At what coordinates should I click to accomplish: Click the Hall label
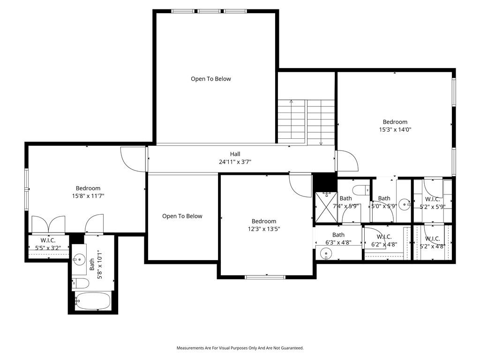point(235,154)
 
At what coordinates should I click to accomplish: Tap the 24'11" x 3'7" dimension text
point(235,162)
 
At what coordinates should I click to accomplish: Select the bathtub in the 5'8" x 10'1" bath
point(92,301)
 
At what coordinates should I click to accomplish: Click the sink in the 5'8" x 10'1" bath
point(79,260)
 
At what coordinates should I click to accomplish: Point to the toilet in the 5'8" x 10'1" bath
point(80,284)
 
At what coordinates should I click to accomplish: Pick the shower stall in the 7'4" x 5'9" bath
point(326,207)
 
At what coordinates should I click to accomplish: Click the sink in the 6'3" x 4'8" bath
point(326,254)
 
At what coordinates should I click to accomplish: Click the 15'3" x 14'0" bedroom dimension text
point(395,129)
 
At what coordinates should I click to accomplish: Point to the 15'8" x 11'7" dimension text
point(88,196)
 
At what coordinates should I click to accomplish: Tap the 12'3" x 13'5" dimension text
point(264,229)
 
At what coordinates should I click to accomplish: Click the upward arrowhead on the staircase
point(291,101)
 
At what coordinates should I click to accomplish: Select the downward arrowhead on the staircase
point(321,143)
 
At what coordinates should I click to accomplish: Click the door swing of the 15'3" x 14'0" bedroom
point(347,160)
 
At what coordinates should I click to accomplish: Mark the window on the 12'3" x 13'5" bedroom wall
point(265,277)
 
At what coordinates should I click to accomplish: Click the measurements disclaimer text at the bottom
point(240,348)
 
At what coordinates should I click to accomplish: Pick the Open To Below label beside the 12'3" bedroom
point(182,216)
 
